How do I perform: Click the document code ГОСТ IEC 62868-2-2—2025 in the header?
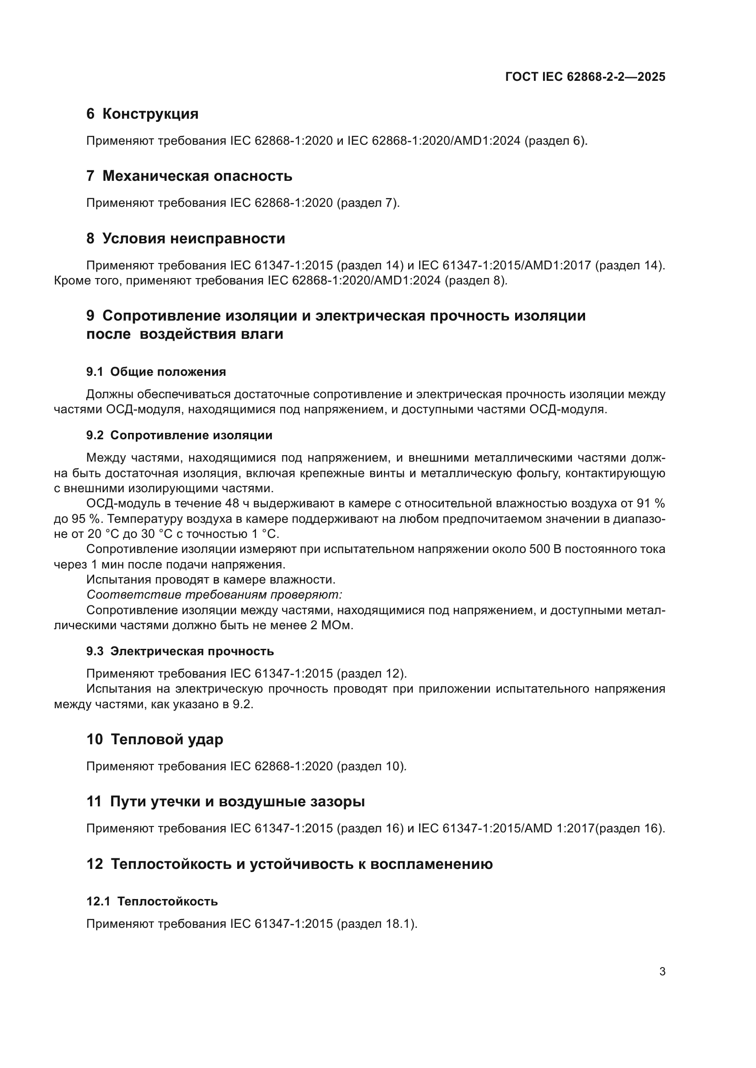coord(585,77)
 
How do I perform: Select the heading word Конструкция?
coord(150,114)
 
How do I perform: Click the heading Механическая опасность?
coord(197,176)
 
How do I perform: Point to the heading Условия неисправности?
coord(193,239)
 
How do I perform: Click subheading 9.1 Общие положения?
coord(156,372)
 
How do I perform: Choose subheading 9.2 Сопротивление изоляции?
coord(179,436)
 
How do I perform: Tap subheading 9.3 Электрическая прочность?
coord(180,652)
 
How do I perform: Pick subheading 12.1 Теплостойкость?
coord(152,901)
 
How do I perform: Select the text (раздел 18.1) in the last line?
coord(376,924)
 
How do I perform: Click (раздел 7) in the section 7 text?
coord(368,203)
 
